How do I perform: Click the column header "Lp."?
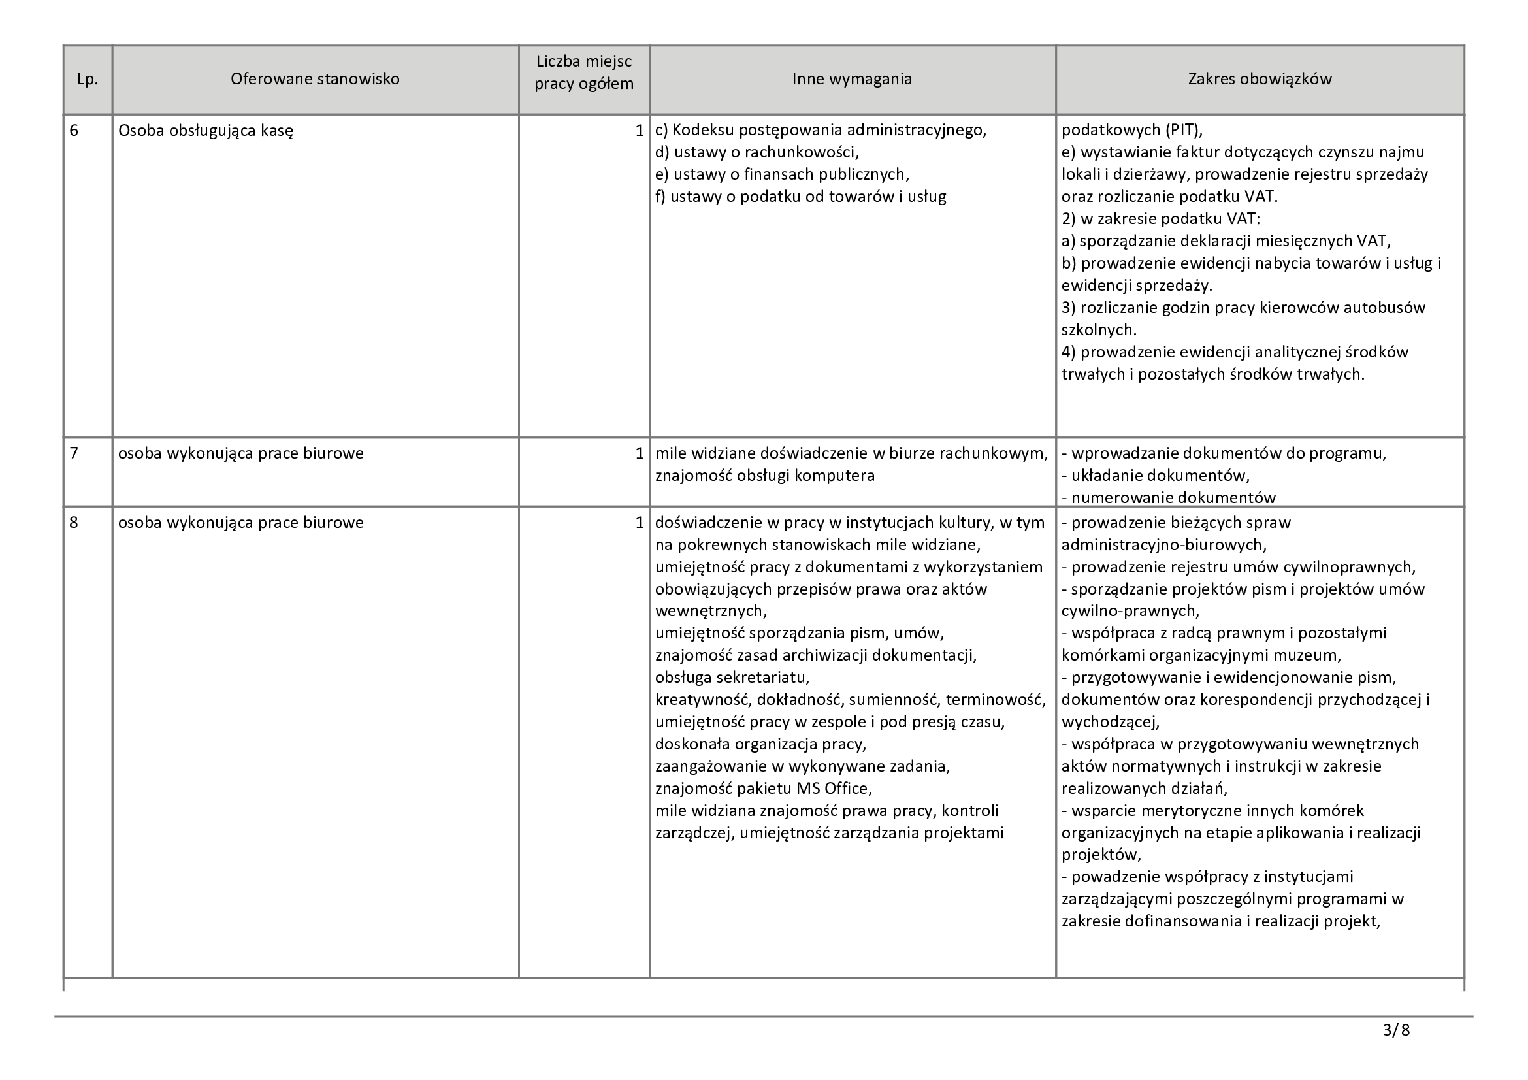point(87,79)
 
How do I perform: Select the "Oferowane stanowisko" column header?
point(315,79)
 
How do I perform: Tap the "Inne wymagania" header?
point(852,79)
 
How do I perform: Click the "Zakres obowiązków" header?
point(1260,79)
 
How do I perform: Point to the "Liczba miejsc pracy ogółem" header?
point(583,73)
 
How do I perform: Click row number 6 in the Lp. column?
point(74,131)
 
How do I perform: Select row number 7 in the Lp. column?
point(74,453)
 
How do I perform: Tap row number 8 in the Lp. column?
point(74,523)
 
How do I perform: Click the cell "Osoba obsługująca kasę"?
point(206,131)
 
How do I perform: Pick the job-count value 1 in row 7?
point(639,453)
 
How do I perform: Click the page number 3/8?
point(1396,1030)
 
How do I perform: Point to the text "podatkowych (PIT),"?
point(1132,131)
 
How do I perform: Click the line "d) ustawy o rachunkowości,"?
point(756,152)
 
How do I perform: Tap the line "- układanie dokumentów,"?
point(1156,476)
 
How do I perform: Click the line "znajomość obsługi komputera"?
point(765,476)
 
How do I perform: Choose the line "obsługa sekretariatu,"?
point(732,678)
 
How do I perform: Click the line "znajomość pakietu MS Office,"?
point(763,789)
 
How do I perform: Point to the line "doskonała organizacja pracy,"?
point(760,744)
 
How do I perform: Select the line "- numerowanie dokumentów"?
point(1168,497)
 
